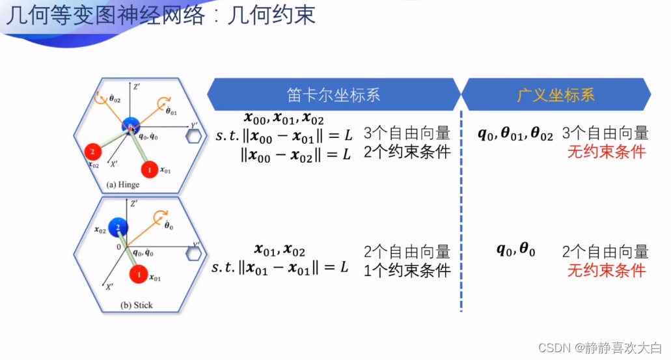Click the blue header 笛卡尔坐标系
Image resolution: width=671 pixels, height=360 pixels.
pyautogui.click(x=334, y=95)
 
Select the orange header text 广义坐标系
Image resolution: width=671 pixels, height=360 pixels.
pyautogui.click(x=556, y=95)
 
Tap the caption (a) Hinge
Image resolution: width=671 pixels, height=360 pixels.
pyautogui.click(x=123, y=185)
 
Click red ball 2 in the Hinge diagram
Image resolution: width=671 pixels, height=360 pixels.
pyautogui.click(x=93, y=152)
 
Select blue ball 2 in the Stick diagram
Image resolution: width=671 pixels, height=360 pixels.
pyautogui.click(x=118, y=227)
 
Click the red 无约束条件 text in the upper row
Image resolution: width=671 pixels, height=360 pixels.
pyautogui.click(x=607, y=152)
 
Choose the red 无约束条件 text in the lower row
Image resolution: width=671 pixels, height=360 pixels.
pyautogui.click(x=607, y=270)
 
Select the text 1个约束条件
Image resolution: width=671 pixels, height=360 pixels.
pyautogui.click(x=407, y=270)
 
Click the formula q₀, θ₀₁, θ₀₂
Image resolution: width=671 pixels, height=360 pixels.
pyautogui.click(x=515, y=134)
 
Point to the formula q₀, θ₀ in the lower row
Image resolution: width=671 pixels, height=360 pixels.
pyautogui.click(x=515, y=250)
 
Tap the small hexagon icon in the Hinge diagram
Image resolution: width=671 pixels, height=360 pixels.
pyautogui.click(x=193, y=135)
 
